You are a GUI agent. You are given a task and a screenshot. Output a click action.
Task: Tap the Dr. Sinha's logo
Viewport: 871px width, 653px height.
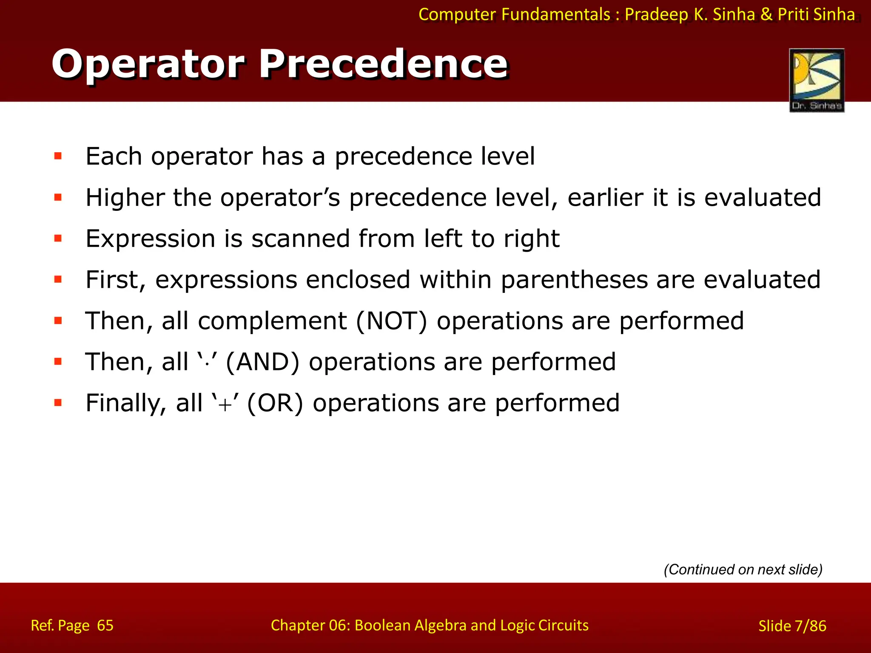point(817,80)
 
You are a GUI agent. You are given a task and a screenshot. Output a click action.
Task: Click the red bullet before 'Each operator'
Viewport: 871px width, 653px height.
point(58,156)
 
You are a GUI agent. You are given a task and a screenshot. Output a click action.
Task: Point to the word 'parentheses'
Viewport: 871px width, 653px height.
point(574,280)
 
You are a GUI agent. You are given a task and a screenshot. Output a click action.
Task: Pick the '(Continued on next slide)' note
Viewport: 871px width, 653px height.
point(743,569)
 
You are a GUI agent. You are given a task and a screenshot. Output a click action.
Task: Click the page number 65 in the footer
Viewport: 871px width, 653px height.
point(105,625)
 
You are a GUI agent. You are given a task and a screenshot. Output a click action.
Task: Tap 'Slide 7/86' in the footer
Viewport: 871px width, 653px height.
point(792,626)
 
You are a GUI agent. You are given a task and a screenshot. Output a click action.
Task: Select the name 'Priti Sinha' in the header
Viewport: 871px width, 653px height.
point(816,14)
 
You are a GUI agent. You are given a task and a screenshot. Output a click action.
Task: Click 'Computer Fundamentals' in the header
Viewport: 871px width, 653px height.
point(514,14)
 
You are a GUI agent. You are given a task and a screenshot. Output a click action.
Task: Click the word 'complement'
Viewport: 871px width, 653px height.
point(272,321)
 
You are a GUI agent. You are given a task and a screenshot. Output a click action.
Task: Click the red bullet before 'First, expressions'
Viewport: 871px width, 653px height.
point(58,279)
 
